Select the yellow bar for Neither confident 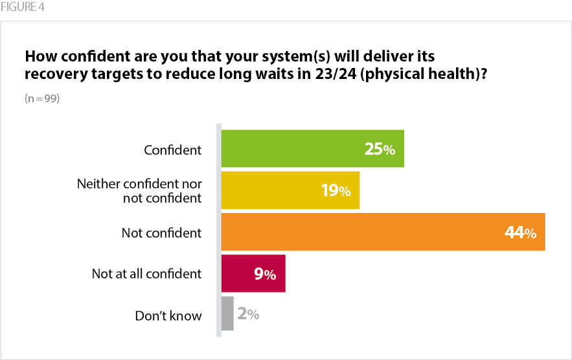point(272,190)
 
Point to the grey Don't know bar point(227,314)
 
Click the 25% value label point(380,150)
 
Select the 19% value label point(336,191)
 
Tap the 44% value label point(520,232)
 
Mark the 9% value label point(265,274)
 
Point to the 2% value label point(248,315)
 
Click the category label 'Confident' point(173,150)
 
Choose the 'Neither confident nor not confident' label point(139,191)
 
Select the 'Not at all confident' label point(146,274)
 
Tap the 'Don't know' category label point(168,316)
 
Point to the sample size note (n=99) point(42,99)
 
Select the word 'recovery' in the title point(54,74)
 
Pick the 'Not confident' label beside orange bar point(162,232)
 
